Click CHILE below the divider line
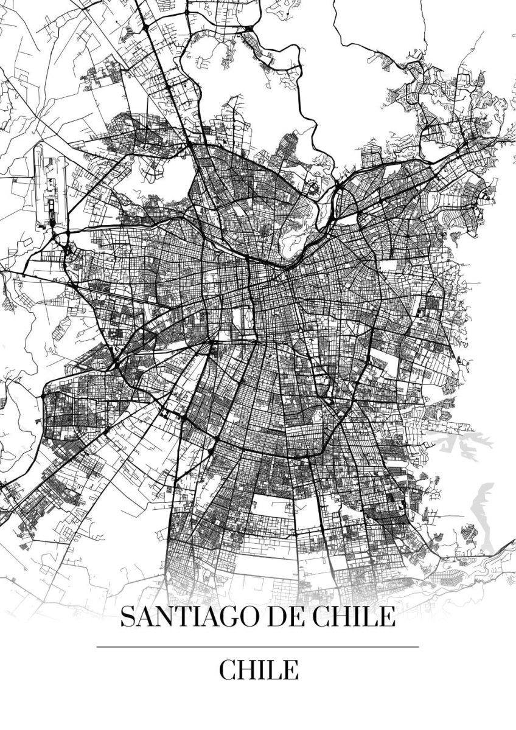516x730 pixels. [x=259, y=670]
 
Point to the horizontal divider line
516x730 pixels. [x=257, y=646]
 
